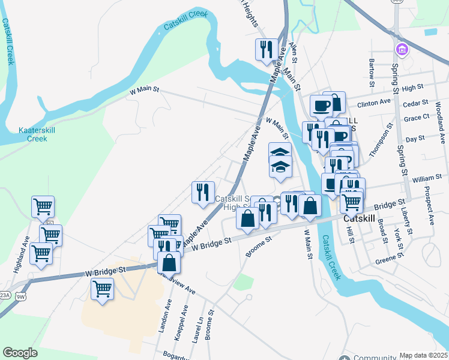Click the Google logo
pyautogui.click(x=20, y=353)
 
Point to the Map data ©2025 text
pyautogui.click(x=424, y=355)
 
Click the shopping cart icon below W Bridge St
pyautogui.click(x=102, y=290)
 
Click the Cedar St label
pyautogui.click(x=416, y=103)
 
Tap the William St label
pyautogui.click(x=427, y=179)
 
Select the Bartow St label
pyautogui.click(x=372, y=69)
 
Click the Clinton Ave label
pyautogui.click(x=378, y=103)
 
